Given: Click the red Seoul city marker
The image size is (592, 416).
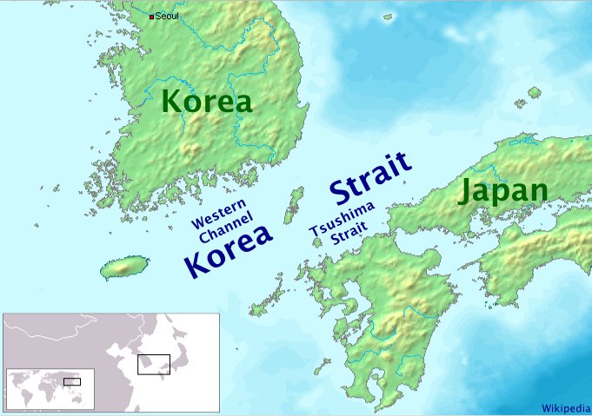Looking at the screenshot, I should (x=152, y=17).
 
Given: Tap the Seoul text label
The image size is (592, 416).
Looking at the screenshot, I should (x=167, y=17).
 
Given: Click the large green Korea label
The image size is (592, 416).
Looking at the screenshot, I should (x=207, y=102).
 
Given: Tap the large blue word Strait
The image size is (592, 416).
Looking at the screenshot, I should (x=369, y=179).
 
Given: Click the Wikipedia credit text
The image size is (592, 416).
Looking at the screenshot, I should (x=565, y=407).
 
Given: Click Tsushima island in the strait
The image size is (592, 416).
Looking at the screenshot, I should (x=293, y=204).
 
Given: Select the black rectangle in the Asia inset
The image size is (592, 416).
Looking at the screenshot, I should (x=153, y=363).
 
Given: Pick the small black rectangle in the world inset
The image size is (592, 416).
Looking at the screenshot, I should (x=71, y=380).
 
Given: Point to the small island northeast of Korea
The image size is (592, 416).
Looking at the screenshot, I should (x=535, y=91).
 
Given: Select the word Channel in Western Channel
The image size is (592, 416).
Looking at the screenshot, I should (x=223, y=234).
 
